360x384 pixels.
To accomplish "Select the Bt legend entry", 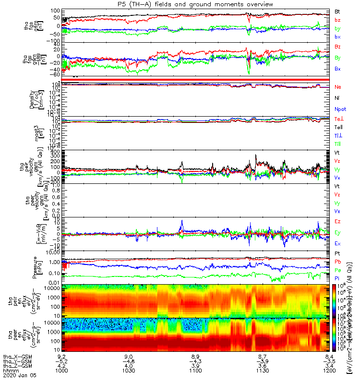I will pyautogui.click(x=337, y=11).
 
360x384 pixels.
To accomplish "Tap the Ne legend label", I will pyautogui.click(x=337, y=87).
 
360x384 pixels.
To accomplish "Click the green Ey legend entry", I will pyautogui.click(x=337, y=232).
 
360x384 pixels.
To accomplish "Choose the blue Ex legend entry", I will pyautogui.click(x=337, y=243).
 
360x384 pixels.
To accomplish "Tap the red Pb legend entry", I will pyautogui.click(x=337, y=261).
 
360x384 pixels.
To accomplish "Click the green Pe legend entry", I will pyautogui.click(x=337, y=270).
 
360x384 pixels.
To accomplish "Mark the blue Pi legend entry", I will pyautogui.click(x=337, y=278).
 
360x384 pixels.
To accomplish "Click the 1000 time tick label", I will pyautogui.click(x=61, y=371).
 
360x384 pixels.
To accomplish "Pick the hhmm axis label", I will pyautogui.click(x=10, y=371).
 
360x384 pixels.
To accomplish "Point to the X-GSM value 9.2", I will pyautogui.click(x=61, y=356).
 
